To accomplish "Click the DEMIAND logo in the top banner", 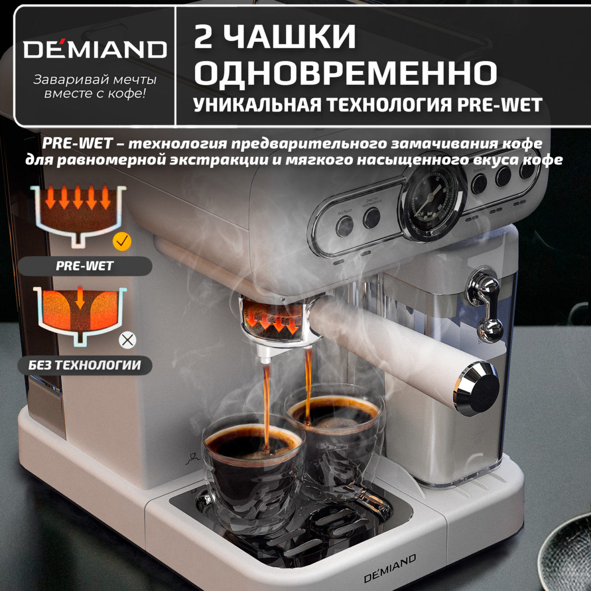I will point(95,49).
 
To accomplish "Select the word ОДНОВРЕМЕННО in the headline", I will point(345,72).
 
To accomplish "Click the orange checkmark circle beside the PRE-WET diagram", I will point(121,241).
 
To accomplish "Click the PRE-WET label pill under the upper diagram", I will point(85,266).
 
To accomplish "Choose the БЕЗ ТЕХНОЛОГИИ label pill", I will point(85,365).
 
